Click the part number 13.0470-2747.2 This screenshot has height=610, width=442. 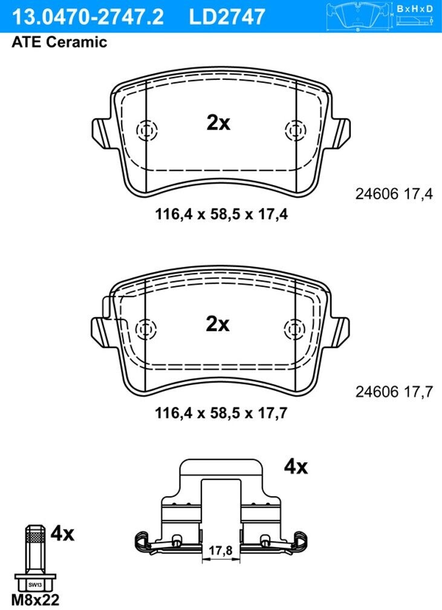pyautogui.click(x=88, y=17)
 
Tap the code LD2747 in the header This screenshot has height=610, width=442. pyautogui.click(x=227, y=17)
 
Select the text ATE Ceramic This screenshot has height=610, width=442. pyautogui.click(x=59, y=42)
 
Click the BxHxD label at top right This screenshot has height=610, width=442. pyautogui.click(x=415, y=8)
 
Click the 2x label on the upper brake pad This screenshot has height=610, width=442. pyautogui.click(x=218, y=123)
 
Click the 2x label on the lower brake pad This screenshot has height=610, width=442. pyautogui.click(x=218, y=324)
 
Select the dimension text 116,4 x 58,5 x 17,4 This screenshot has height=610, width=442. pyautogui.click(x=221, y=214)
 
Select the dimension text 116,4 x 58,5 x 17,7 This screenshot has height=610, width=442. pyautogui.click(x=221, y=413)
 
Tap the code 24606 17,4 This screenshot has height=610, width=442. pyautogui.click(x=394, y=194)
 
